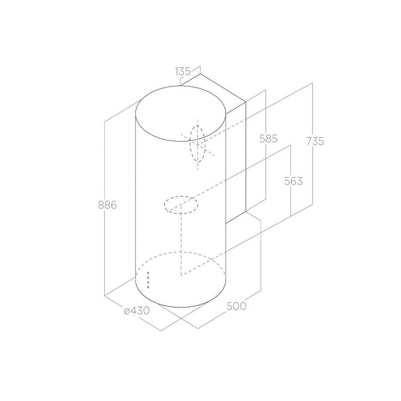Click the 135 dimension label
183,71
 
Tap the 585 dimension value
268,139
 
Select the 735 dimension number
315,141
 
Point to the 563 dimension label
294,181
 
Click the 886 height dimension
107,205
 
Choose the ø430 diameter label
137,311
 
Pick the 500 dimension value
237,306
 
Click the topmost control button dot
148,273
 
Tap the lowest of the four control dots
148,287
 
